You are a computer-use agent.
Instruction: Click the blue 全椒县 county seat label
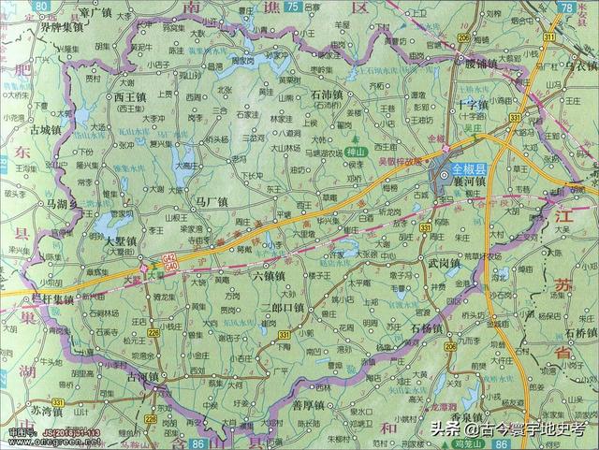coord(470,169)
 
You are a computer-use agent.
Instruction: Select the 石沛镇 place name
coord(324,94)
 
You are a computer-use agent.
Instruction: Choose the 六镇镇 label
coord(268,276)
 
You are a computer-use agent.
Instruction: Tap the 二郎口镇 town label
coord(283,307)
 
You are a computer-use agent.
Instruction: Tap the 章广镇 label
coord(95,12)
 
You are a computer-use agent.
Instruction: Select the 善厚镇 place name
coord(308,404)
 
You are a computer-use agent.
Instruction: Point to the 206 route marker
coord(451,346)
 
